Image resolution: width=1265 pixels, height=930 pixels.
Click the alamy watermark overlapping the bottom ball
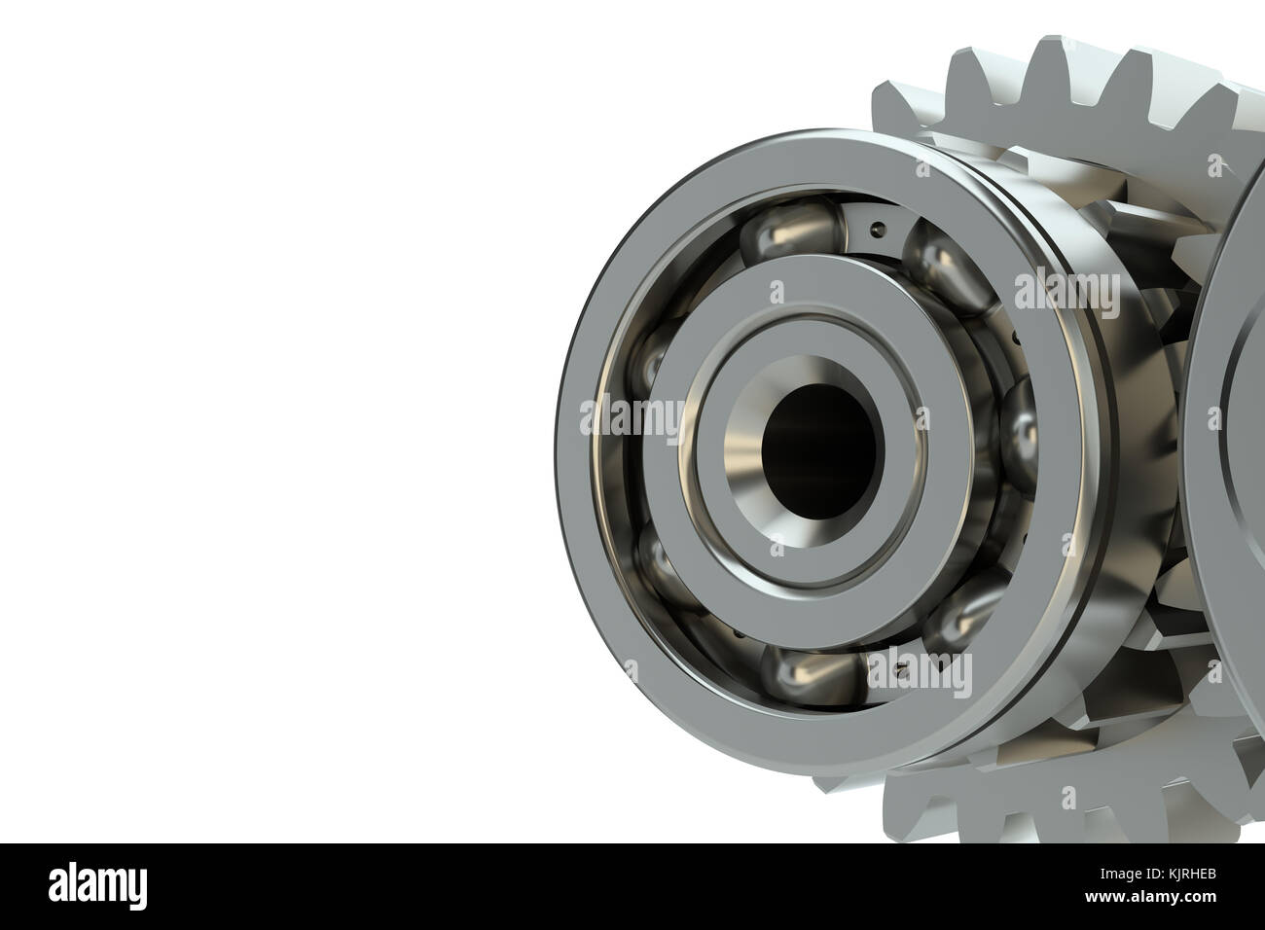point(920,671)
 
